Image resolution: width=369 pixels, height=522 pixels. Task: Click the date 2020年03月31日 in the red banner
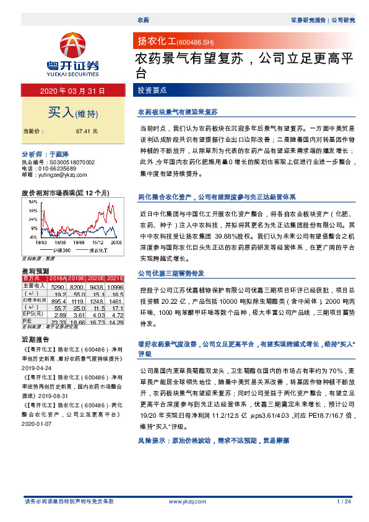point(73,91)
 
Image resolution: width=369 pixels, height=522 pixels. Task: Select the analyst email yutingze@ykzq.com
point(58,175)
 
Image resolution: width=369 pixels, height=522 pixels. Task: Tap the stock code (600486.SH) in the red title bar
point(195,42)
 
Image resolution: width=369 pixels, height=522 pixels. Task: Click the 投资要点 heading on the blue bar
point(152,91)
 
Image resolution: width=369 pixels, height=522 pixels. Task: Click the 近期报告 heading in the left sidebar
point(34,340)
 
